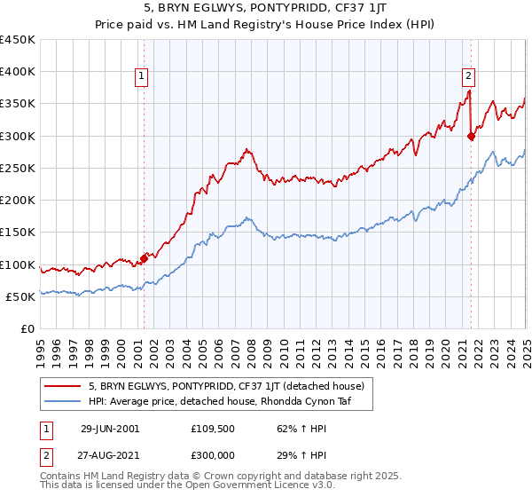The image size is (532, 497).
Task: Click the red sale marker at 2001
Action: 144,258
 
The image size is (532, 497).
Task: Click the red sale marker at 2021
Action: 471,136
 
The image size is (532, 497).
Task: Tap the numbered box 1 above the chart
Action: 142,77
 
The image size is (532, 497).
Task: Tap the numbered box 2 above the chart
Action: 468,77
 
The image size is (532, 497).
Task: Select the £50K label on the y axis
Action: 21,296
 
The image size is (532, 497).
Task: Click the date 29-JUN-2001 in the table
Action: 110,428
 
